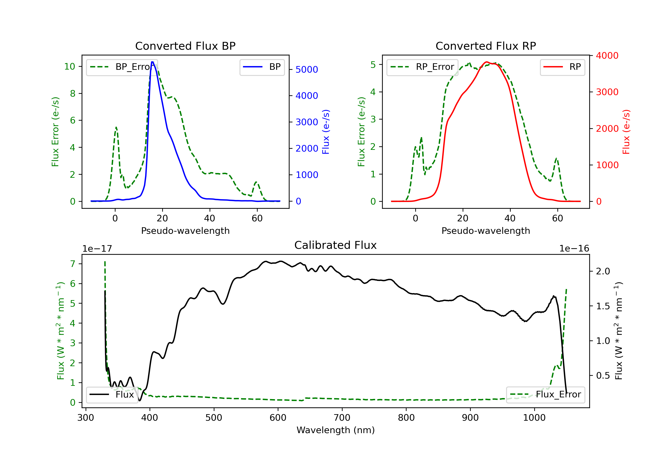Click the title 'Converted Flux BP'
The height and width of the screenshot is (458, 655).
click(x=185, y=46)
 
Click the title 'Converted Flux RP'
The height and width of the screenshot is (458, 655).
click(x=486, y=46)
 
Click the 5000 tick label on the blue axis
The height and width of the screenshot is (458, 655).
click(x=307, y=70)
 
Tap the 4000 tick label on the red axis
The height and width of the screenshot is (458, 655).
click(x=607, y=56)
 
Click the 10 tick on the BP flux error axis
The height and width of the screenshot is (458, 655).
click(x=69, y=67)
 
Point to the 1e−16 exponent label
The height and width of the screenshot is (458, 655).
click(x=574, y=249)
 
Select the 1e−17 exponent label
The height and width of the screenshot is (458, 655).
click(x=97, y=249)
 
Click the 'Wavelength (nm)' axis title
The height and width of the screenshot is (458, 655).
click(x=336, y=430)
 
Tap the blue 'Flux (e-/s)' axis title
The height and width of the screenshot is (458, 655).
click(x=326, y=132)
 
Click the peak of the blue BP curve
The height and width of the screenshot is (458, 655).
click(x=152, y=62)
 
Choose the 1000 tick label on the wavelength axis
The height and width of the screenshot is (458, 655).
click(x=534, y=418)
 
